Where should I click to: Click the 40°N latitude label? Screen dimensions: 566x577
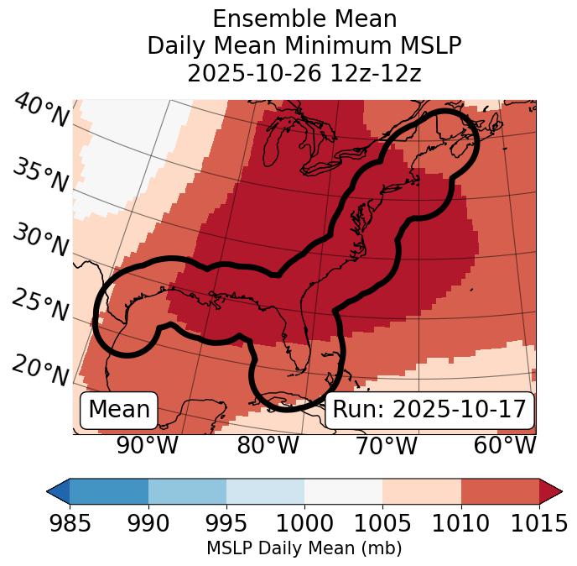click(40, 112)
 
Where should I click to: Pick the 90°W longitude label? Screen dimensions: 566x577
click(147, 446)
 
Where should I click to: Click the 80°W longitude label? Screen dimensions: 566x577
click(268, 446)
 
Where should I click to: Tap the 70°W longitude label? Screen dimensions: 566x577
click(385, 446)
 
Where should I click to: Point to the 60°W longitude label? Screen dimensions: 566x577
click(504, 446)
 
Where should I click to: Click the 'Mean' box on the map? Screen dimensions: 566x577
click(119, 410)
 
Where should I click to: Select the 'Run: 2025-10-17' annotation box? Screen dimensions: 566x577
click(429, 410)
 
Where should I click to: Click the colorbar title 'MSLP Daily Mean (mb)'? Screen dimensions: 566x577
click(304, 549)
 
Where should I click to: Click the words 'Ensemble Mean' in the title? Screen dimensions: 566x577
click(304, 18)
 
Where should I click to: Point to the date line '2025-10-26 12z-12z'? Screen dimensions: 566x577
click(304, 73)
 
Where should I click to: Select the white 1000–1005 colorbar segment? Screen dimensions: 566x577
click(343, 490)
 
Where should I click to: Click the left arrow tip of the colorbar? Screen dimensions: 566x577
click(50, 490)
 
